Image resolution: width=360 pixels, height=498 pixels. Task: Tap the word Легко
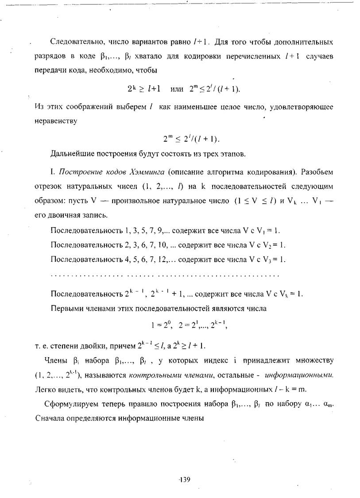click(43, 390)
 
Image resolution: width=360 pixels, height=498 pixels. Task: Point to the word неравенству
click(55, 120)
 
